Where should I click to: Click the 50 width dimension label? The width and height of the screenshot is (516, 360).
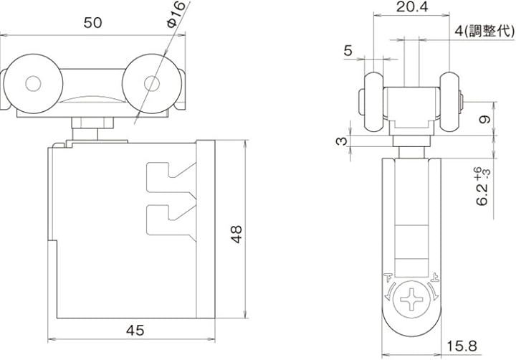click(92, 23)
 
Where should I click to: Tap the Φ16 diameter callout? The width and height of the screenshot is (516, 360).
click(176, 14)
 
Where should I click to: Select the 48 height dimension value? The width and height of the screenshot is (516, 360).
click(236, 235)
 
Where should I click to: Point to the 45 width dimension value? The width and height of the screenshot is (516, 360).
click(135, 330)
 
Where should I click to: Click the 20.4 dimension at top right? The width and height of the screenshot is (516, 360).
click(412, 6)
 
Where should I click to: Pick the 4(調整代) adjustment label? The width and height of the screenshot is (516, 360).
click(484, 31)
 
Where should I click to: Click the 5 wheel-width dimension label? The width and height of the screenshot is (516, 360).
click(348, 51)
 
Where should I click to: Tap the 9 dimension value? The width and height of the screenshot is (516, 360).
click(484, 119)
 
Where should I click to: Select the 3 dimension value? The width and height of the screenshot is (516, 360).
click(342, 141)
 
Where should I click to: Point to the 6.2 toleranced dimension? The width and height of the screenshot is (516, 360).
click(483, 186)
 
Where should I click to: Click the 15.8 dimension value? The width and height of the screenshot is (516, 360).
click(462, 346)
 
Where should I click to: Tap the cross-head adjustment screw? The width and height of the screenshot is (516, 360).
click(411, 299)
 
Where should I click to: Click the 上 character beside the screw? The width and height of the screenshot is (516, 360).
click(434, 278)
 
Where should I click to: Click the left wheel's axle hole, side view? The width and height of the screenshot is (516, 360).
click(33, 84)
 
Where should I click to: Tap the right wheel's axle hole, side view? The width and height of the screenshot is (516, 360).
click(152, 84)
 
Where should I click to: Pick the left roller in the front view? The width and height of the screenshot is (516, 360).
click(374, 101)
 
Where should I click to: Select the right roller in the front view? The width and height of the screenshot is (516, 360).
click(449, 101)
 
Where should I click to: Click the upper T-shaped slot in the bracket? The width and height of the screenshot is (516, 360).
click(171, 178)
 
